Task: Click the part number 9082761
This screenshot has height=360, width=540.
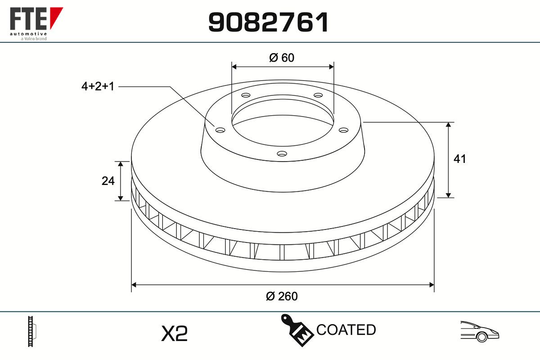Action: pyautogui.click(x=268, y=22)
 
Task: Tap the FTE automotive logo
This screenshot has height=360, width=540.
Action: pyautogui.click(x=36, y=24)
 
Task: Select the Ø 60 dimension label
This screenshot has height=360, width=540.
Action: pyautogui.click(x=282, y=58)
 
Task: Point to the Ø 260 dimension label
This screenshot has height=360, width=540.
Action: pyautogui.click(x=282, y=296)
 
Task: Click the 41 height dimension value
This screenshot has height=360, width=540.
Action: pyautogui.click(x=459, y=159)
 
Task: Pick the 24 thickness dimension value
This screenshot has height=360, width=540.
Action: pyautogui.click(x=108, y=181)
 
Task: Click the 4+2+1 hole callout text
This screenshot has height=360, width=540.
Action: pyautogui.click(x=98, y=86)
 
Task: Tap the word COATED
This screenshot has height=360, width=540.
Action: pyautogui.click(x=346, y=329)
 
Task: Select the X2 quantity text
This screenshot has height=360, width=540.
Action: pyautogui.click(x=174, y=333)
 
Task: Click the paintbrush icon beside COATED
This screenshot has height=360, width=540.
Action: pyautogui.click(x=297, y=330)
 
